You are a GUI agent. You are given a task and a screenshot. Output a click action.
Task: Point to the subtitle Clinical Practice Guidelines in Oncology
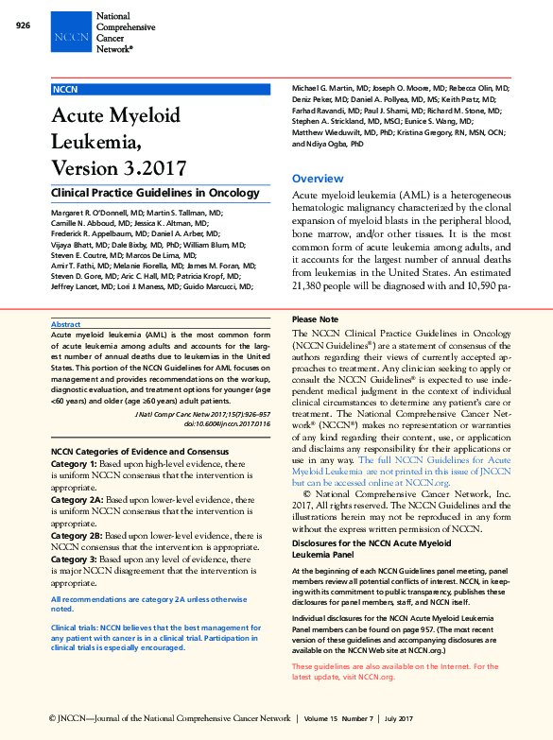(154, 193)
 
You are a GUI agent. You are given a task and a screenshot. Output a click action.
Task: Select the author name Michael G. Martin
(326, 87)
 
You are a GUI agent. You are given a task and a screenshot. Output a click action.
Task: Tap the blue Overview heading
(318, 179)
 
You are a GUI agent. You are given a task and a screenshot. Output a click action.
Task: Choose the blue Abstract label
(65, 324)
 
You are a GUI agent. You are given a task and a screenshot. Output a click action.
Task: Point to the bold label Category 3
(74, 560)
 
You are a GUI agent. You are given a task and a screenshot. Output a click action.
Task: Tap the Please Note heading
(315, 320)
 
